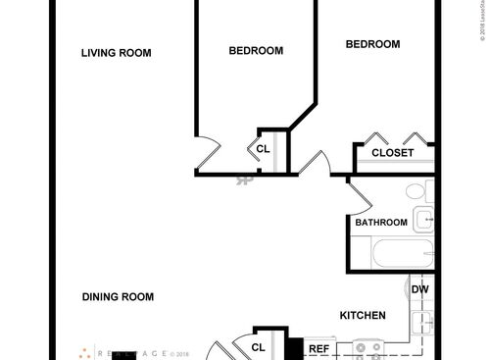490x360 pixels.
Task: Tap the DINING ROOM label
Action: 118,296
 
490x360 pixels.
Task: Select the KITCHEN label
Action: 362,315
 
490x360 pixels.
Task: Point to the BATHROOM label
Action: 380,223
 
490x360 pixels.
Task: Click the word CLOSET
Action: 392,153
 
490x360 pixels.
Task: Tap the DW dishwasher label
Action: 419,289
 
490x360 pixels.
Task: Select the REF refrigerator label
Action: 318,348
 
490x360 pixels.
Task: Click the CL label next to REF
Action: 259,347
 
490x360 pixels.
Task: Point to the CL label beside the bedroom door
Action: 262,149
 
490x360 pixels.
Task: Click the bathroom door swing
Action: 357,192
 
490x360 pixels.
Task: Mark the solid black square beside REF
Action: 292,348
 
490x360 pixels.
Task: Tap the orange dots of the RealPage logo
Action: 85,352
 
